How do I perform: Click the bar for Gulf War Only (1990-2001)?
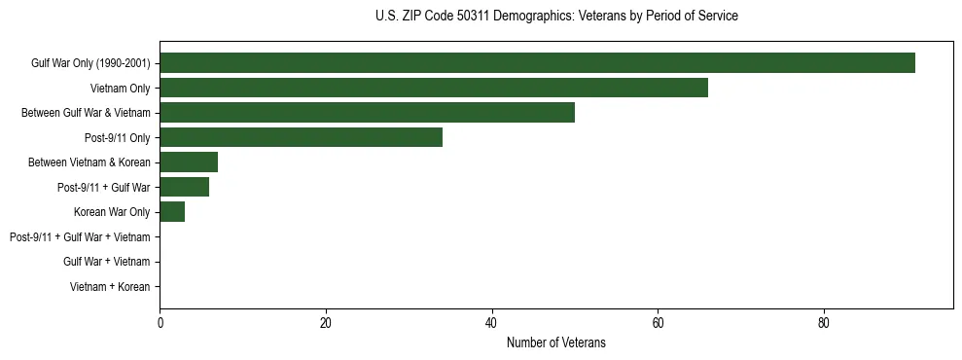click(537, 63)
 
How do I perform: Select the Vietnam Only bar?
click(434, 88)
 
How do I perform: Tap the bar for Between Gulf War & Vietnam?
click(367, 113)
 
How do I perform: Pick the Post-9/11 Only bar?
click(301, 137)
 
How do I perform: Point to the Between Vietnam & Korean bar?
click(189, 162)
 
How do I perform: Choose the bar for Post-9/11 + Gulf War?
click(185, 187)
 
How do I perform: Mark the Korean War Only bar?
click(172, 212)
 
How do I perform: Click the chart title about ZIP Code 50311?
click(555, 17)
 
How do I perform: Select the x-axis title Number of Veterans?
click(555, 342)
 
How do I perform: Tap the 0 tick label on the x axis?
click(160, 323)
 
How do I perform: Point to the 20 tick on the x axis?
click(326, 323)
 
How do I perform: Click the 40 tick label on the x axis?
click(492, 323)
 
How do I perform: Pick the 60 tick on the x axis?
click(658, 323)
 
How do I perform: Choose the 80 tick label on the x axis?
click(824, 323)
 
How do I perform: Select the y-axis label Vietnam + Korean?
click(110, 287)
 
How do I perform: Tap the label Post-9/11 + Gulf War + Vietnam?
click(80, 237)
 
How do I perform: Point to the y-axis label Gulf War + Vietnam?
click(106, 262)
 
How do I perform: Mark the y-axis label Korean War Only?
click(112, 212)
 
